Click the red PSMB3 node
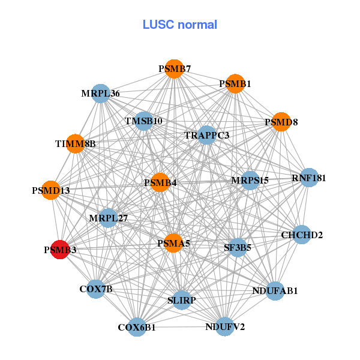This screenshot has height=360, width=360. pos(59,249)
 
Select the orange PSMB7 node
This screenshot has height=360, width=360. pos(173,69)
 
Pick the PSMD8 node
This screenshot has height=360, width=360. pos(281,122)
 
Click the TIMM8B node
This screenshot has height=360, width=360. pos(75,143)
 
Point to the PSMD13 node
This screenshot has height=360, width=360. pos(51,190)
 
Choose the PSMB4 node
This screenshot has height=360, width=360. pos(160,182)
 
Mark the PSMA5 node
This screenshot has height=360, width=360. pos(173,243)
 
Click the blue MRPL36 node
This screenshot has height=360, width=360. pos(101,93)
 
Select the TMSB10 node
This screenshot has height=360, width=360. pos(143,121)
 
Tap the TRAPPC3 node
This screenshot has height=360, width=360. pos(207,135)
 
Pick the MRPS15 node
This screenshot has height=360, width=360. pos(250,180)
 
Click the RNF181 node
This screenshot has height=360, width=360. pos(308,178)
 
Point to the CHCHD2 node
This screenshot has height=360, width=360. pos(302,235)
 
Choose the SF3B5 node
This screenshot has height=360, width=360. pos(238,247)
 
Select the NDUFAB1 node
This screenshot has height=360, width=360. pos(275,291)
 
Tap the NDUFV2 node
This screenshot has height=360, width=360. pos(224,326)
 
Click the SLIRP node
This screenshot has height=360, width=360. pos(181,300)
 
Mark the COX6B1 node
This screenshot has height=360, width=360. pos(137,327)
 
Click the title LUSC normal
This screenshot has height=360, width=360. pos(179,25)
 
